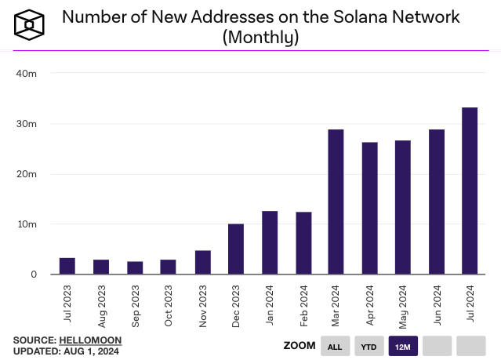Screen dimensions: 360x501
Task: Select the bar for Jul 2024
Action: coord(470,191)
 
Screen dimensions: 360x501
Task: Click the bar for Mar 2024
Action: coord(336,202)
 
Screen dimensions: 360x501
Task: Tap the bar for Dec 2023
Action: coord(235,249)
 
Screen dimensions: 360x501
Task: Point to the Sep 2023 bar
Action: coord(135,267)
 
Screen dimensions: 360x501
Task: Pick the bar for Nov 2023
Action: coord(202,262)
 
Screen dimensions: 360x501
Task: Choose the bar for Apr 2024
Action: coord(369,208)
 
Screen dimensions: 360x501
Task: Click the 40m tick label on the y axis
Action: coord(27,74)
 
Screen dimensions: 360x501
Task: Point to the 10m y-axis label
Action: coord(27,224)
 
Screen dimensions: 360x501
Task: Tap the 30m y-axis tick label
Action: coord(27,124)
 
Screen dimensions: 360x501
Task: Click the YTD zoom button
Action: coord(368,346)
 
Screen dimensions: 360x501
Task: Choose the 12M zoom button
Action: coord(403,346)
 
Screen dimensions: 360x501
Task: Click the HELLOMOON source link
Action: coord(90,340)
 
